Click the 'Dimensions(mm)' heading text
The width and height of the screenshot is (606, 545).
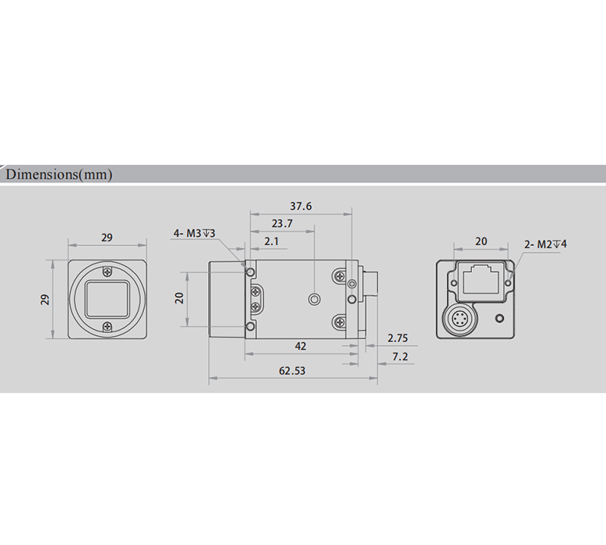click(59, 175)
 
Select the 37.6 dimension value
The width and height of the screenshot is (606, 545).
click(301, 206)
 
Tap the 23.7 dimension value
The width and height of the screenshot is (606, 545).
click(281, 223)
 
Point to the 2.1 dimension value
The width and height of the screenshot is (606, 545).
click(270, 241)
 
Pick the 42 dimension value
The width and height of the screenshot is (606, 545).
click(300, 346)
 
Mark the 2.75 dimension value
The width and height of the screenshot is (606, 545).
click(397, 338)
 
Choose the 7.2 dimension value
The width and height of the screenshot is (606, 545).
click(399, 356)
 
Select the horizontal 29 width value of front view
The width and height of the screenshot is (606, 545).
click(107, 238)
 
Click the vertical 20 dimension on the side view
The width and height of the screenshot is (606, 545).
click(180, 297)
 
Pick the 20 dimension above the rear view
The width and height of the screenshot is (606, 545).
click(481, 241)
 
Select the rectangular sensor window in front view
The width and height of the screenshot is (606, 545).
click(108, 299)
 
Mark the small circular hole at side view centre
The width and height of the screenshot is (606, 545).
click(311, 300)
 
